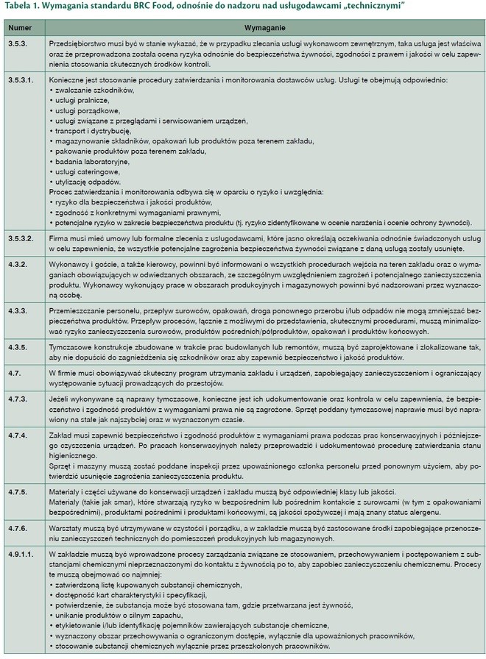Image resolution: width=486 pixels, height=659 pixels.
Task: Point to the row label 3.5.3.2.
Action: [20, 239]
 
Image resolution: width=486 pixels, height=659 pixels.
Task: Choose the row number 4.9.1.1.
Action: [20, 553]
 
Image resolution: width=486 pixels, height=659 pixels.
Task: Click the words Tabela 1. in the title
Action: [22, 7]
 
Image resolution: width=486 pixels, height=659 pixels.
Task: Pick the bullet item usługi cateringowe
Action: [88, 171]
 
